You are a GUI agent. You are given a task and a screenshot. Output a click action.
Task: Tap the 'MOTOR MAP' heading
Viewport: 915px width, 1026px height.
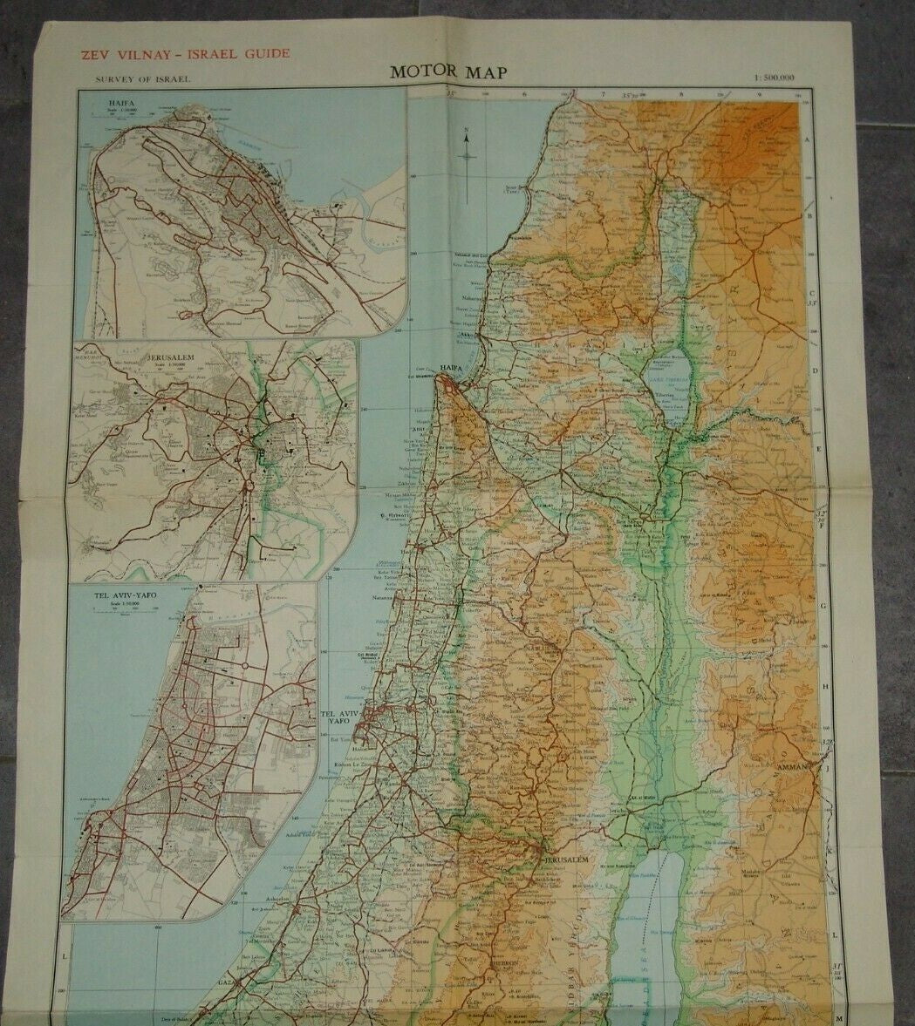click(447, 72)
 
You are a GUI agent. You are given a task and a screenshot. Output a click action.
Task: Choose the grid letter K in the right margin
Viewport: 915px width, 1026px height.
click(831, 850)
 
